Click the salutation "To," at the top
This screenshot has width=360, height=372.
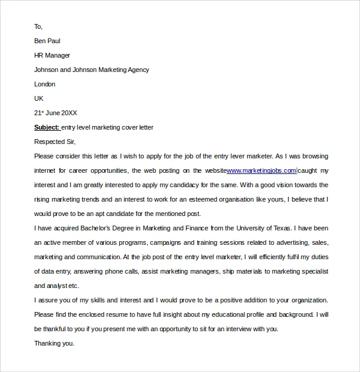click(38, 26)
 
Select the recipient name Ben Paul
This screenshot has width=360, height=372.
click(47, 41)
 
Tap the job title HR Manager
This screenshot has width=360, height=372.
click(52, 55)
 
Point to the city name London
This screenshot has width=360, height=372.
click(45, 84)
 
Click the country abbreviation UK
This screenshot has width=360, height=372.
click(39, 98)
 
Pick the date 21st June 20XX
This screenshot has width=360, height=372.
click(56, 113)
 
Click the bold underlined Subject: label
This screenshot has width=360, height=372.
click(47, 127)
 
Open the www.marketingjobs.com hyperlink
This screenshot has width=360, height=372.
click(261, 170)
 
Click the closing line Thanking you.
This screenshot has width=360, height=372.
click(54, 343)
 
